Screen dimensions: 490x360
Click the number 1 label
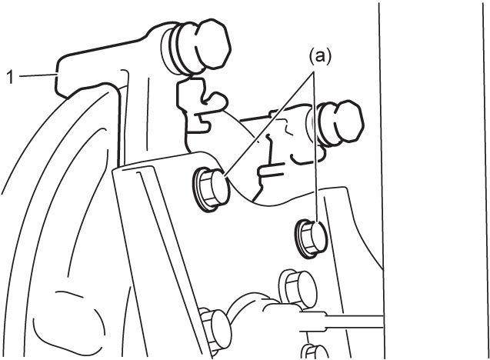tap(10, 77)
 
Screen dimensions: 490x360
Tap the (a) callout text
tap(320, 57)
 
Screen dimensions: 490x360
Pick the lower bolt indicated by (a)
tap(312, 238)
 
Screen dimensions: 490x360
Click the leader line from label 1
tap(37, 75)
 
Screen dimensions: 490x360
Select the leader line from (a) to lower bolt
tap(317, 148)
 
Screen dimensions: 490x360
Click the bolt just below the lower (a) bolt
tap(298, 288)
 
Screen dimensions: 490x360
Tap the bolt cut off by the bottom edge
tap(313, 352)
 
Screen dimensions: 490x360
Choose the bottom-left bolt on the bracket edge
tap(215, 329)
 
